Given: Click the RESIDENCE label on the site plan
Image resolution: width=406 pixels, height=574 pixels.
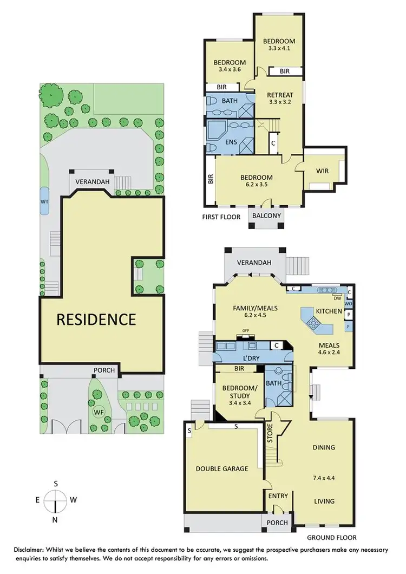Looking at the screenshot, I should pyautogui.click(x=96, y=319).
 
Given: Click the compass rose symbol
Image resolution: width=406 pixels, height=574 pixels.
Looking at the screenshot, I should pyautogui.click(x=56, y=500).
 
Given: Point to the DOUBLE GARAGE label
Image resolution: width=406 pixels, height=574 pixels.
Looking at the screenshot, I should pyautogui.click(x=222, y=469).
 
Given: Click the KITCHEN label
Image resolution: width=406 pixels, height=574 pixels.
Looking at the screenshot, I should pyautogui.click(x=329, y=311).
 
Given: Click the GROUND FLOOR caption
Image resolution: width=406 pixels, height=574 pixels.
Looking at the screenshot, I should pyautogui.click(x=332, y=538).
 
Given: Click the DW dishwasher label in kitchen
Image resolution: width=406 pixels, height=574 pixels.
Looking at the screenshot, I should pyautogui.click(x=337, y=298).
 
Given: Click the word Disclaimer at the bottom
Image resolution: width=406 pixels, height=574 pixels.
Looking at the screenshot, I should pyautogui.click(x=32, y=550).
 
